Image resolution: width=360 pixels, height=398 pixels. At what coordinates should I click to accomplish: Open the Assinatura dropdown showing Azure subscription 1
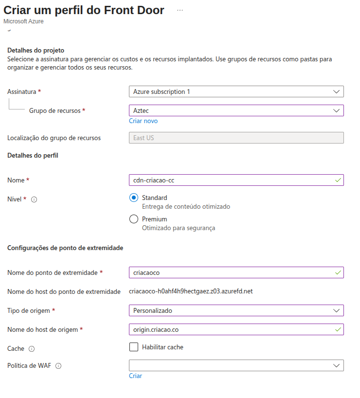click(x=236, y=91)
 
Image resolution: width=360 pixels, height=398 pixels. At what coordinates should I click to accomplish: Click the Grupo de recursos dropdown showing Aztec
click(x=236, y=110)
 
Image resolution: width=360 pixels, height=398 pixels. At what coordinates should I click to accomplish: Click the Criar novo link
click(x=143, y=121)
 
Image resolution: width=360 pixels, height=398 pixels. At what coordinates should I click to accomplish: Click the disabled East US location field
click(x=236, y=138)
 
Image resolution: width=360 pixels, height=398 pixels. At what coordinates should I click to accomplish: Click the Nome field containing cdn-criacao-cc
click(x=236, y=180)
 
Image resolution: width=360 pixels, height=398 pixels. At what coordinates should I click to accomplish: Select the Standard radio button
click(x=134, y=198)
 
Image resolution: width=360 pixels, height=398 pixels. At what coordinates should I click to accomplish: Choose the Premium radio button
click(x=134, y=219)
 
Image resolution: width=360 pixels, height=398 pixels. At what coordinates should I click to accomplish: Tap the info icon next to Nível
click(x=34, y=199)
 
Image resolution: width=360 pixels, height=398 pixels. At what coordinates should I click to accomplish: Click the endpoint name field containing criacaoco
click(x=236, y=272)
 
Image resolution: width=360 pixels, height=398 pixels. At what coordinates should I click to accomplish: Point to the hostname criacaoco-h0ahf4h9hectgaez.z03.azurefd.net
click(x=191, y=291)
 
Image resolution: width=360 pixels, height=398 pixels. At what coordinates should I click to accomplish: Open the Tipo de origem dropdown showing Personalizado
click(x=236, y=310)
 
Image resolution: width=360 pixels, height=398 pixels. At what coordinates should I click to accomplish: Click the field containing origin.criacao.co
click(x=236, y=329)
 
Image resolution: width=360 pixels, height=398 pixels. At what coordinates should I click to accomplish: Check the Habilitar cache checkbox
click(x=134, y=347)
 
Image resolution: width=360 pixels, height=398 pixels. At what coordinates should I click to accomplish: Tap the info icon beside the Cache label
click(x=32, y=349)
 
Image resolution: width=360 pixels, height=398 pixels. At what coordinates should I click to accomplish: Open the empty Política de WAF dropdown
click(x=236, y=365)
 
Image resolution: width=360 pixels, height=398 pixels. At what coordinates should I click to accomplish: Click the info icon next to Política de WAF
click(x=58, y=366)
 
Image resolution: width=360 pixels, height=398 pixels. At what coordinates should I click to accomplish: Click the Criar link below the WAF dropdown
click(x=135, y=376)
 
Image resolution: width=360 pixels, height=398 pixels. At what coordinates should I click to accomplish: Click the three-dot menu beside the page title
click(x=180, y=10)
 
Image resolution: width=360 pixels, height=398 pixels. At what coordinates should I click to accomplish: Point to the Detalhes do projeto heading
click(x=36, y=50)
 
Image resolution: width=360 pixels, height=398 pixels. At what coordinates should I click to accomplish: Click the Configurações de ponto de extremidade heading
click(x=65, y=248)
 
